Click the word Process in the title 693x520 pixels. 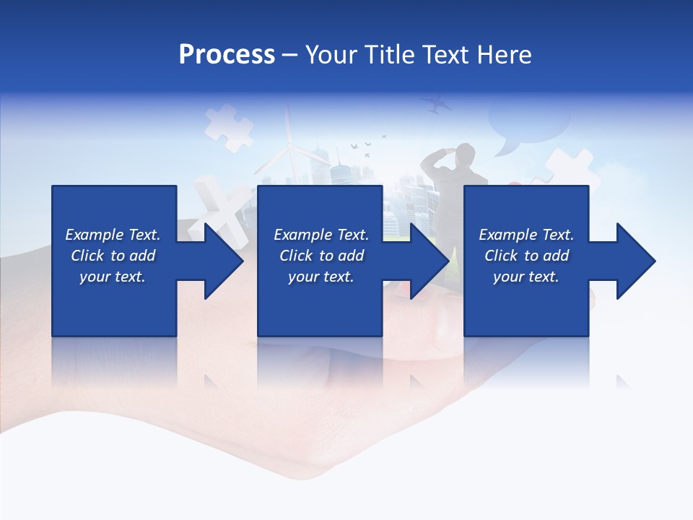(x=227, y=55)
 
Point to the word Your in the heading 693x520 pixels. (x=331, y=55)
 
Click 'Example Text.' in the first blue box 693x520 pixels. (x=113, y=235)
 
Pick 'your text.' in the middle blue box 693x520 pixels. (x=321, y=277)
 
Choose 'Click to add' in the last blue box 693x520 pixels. (x=526, y=256)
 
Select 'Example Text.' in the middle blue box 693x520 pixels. (x=321, y=235)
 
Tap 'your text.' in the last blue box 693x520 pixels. (x=526, y=277)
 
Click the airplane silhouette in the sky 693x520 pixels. (x=437, y=105)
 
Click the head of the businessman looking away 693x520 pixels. (x=466, y=152)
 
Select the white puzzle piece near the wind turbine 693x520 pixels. (x=227, y=127)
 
